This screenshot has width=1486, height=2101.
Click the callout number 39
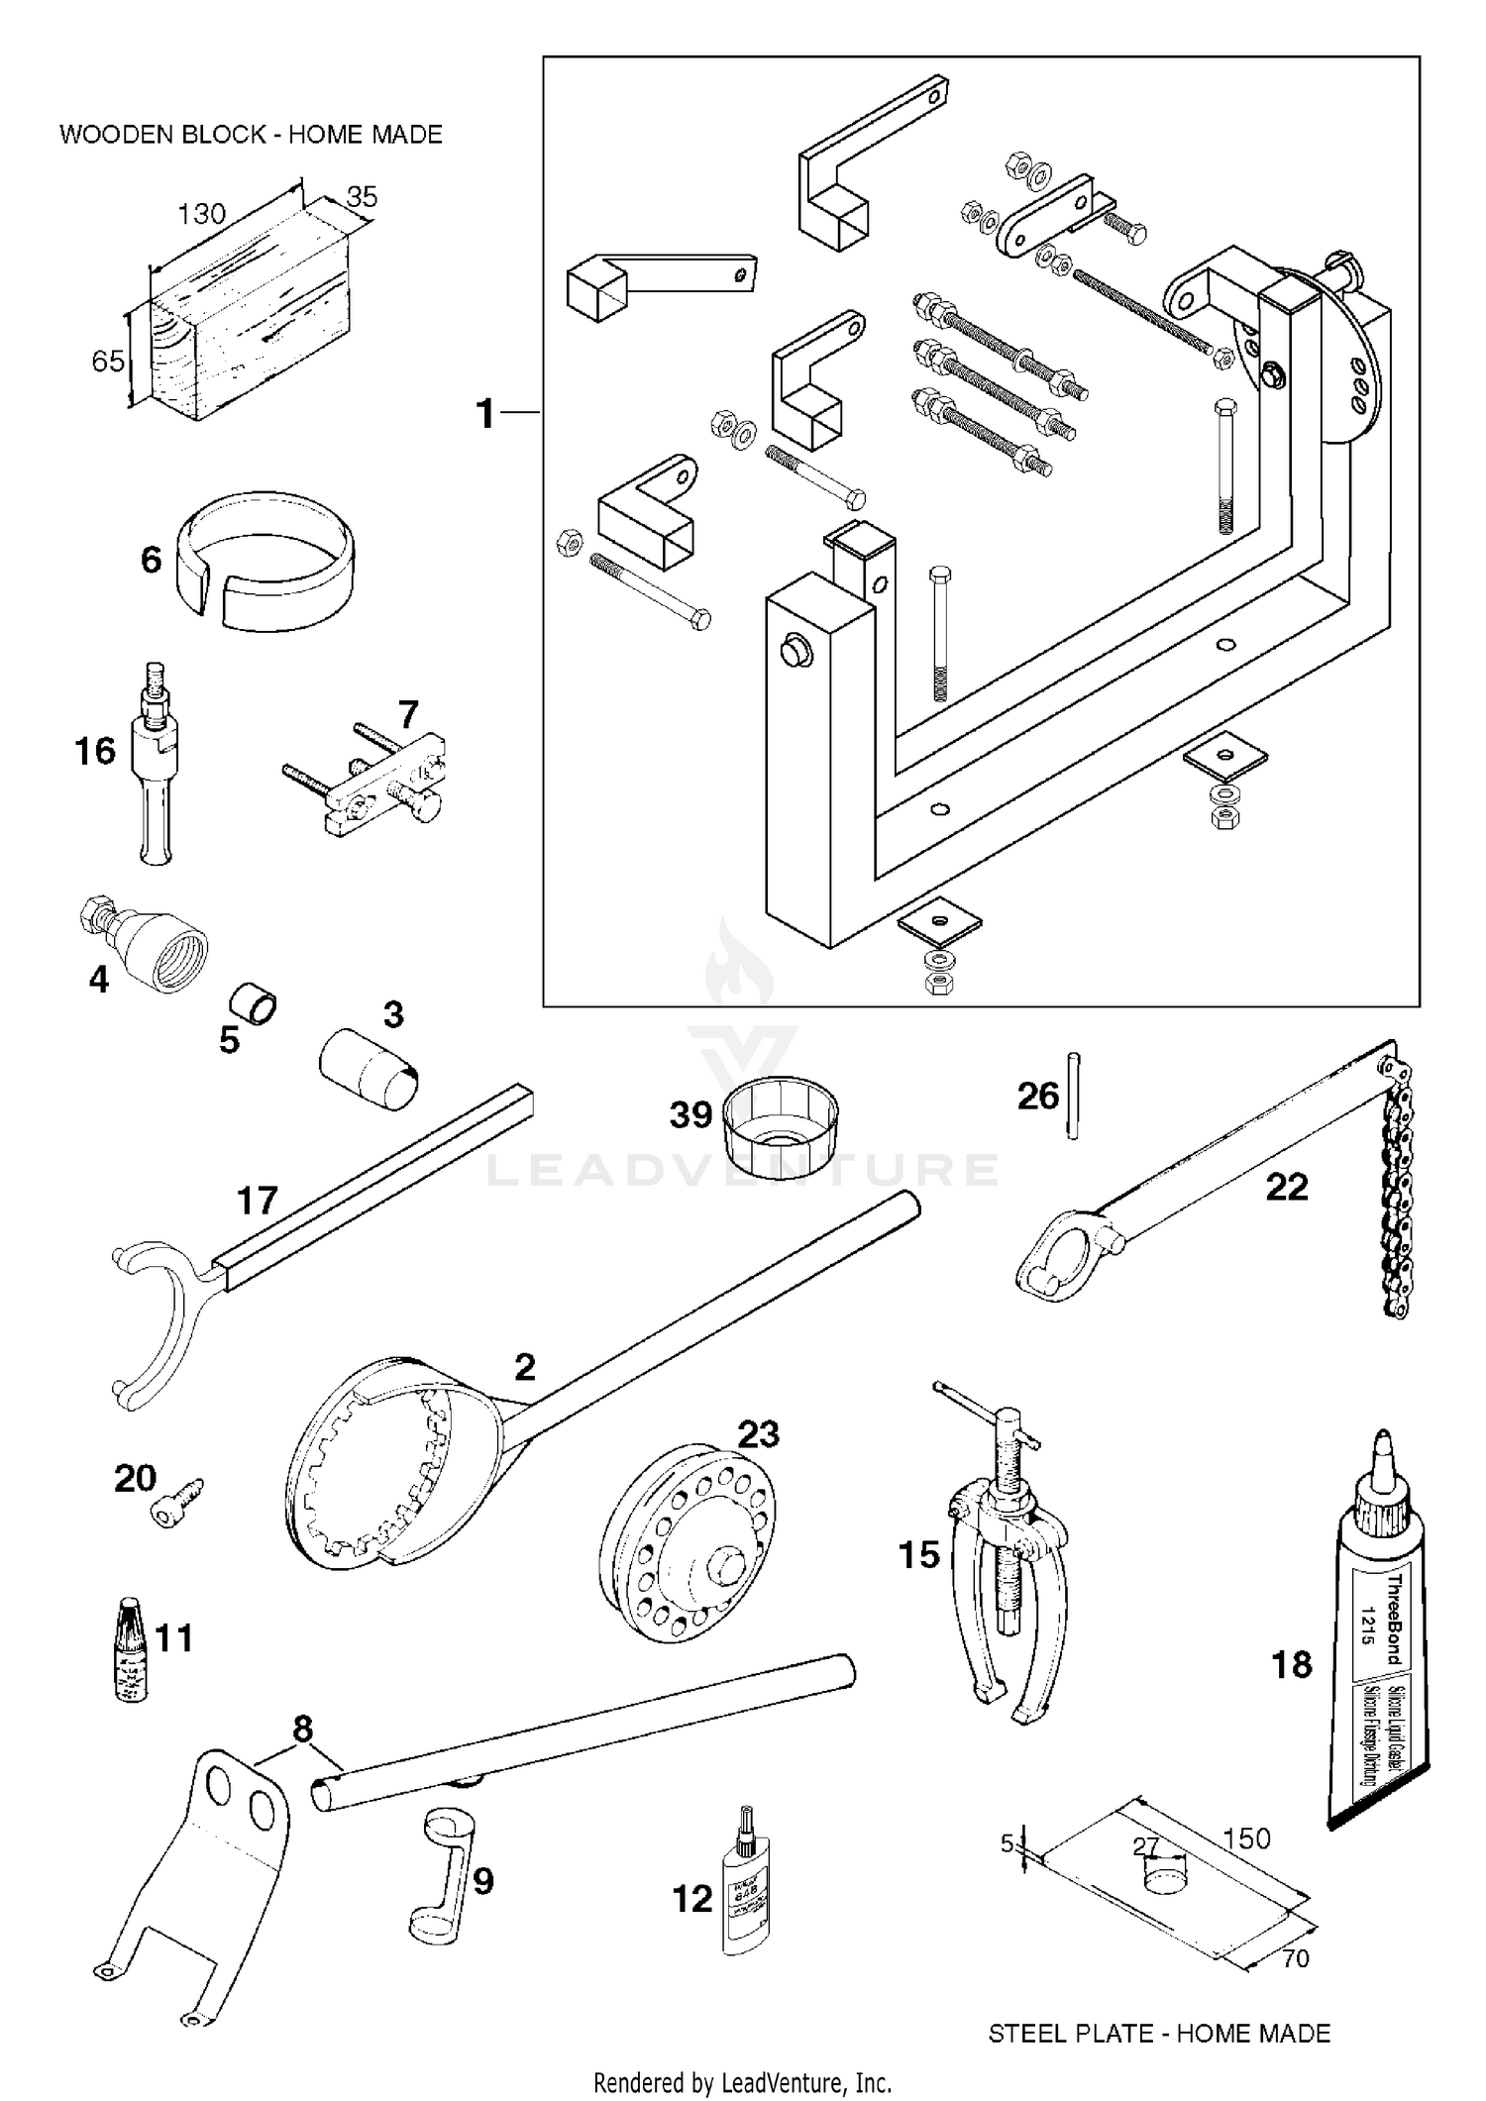690,1115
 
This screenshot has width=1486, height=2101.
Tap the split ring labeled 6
265,565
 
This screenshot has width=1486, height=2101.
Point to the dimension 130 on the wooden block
201,213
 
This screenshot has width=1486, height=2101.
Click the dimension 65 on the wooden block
108,362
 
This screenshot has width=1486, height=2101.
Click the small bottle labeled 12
747,1893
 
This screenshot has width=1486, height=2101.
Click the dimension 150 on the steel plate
1246,1838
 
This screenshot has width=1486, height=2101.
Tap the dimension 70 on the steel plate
1295,1958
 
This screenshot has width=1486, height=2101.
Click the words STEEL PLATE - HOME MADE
1159,2034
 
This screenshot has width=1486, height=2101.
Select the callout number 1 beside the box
485,414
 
